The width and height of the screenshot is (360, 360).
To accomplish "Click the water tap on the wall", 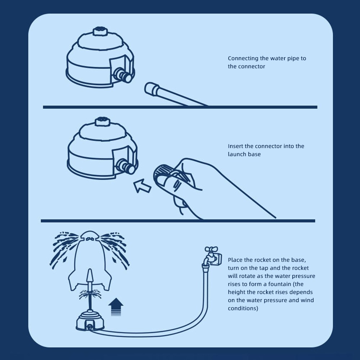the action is [212, 256].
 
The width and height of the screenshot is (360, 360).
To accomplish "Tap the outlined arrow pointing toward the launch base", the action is [142, 186].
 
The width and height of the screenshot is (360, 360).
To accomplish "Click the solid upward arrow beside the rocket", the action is [116, 307].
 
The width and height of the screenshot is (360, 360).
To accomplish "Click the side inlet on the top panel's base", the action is [123, 75].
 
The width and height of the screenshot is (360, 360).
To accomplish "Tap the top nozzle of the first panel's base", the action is [100, 31].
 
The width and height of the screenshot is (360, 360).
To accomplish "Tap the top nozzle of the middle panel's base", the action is [103, 121].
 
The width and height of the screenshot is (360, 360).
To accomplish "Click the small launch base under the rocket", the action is [90, 321].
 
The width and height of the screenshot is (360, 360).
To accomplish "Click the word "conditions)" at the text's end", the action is [243, 309].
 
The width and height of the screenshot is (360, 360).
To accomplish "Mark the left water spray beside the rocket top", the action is [65, 248].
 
